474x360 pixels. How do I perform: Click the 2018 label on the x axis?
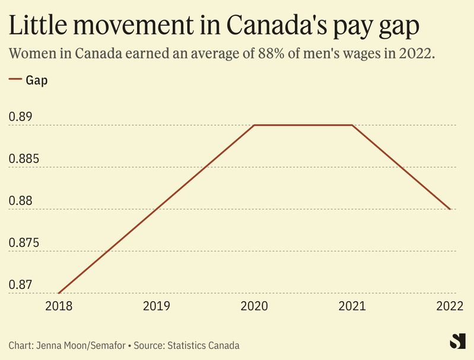(59, 306)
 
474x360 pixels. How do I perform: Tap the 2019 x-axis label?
(157, 306)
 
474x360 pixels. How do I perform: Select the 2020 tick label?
(255, 306)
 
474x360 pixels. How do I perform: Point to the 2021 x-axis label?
(352, 306)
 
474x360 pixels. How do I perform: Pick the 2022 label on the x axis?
(450, 306)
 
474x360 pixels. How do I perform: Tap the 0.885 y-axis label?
(24, 159)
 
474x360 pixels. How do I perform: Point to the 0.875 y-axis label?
(24, 243)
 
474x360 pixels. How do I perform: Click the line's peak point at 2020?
(255, 125)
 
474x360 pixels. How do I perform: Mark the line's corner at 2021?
(352, 125)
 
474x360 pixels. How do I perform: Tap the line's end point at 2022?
(450, 209)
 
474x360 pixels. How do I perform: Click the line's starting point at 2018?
(59, 293)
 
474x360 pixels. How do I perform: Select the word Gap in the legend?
(36, 80)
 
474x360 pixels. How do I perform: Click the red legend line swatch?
(15, 80)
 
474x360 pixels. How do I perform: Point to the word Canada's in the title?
(278, 26)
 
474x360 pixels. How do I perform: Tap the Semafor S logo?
(456, 341)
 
